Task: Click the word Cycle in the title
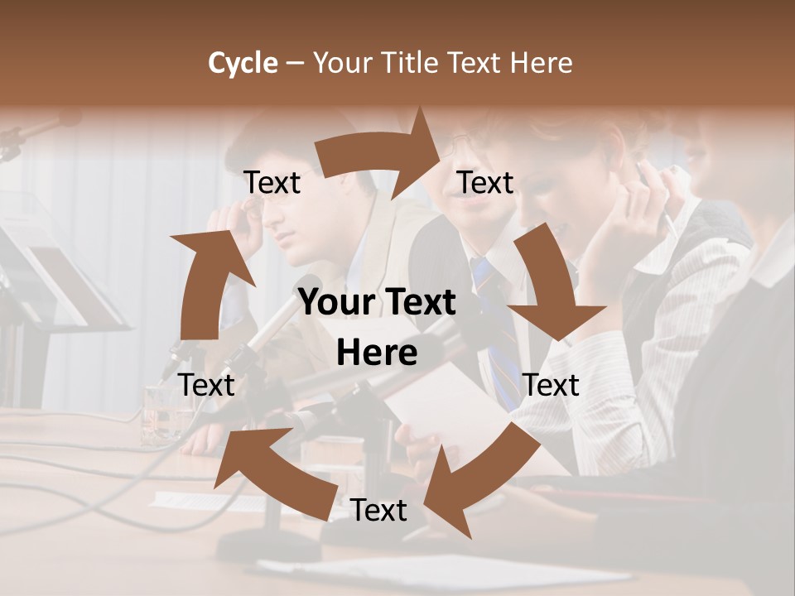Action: [243, 62]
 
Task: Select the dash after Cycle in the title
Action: [295, 63]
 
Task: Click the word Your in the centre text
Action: [334, 303]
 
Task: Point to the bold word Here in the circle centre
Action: [377, 353]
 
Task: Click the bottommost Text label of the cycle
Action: [378, 511]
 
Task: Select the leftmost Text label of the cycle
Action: [207, 385]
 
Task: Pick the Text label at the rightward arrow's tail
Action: [272, 183]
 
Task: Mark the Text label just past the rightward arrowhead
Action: [485, 183]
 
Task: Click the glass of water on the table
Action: [159, 414]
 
